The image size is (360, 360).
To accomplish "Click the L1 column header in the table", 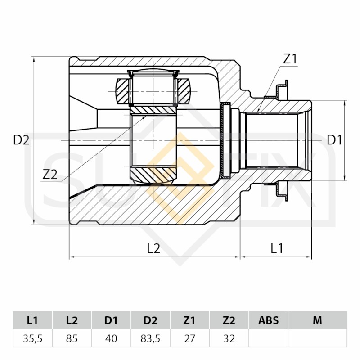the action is pyautogui.click(x=32, y=320).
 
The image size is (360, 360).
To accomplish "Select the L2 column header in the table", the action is pyautogui.click(x=72, y=320).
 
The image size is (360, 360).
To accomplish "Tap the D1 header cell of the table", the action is pyautogui.click(x=111, y=320).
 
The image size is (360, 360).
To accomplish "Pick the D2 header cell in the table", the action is pyautogui.click(x=150, y=320).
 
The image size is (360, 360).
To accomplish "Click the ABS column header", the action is pyautogui.click(x=268, y=320).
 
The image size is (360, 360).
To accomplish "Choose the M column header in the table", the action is pyautogui.click(x=318, y=320).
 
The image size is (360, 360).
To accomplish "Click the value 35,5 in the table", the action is pyautogui.click(x=32, y=338).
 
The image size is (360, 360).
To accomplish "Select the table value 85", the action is pyautogui.click(x=72, y=338).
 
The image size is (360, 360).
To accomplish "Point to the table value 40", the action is pyautogui.click(x=111, y=338).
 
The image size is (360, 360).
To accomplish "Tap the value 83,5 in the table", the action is pyautogui.click(x=150, y=338).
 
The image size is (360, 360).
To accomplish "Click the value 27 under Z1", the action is pyautogui.click(x=189, y=338).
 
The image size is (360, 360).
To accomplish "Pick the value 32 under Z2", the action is pyautogui.click(x=229, y=338).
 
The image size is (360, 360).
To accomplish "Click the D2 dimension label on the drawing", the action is pyautogui.click(x=21, y=140).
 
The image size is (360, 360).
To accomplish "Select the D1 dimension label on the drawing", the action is pyautogui.click(x=334, y=140).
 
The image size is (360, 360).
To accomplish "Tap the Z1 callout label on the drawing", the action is pyautogui.click(x=290, y=59).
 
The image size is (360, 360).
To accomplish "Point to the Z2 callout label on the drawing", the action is pyautogui.click(x=50, y=175).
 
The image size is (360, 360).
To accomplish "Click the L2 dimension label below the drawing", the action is pyautogui.click(x=153, y=248).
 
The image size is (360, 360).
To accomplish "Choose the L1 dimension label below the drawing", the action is pyautogui.click(x=277, y=248).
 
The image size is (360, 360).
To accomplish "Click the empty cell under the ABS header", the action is pyautogui.click(x=268, y=338).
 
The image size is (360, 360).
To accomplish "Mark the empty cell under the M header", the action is pyautogui.click(x=318, y=338).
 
